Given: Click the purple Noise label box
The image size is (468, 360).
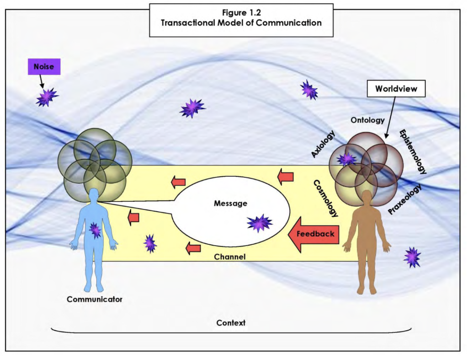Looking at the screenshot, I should (43, 67).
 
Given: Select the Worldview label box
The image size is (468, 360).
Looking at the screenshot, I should (396, 89).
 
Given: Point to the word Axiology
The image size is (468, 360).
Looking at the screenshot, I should (323, 144).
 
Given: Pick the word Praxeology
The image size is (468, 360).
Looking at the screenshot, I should (404, 199).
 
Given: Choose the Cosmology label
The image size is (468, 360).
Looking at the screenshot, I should (326, 198).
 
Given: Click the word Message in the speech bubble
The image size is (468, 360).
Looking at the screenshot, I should (230, 203).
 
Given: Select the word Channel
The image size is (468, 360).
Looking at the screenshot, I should (229, 257).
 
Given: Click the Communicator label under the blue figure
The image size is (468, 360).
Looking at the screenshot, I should (95, 300).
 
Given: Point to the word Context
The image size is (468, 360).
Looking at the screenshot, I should (231, 323).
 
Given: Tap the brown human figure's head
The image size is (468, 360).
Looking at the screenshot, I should (367, 197).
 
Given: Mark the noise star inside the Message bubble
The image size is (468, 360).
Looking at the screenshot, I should (260, 223).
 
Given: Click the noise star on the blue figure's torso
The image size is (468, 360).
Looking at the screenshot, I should (95, 230).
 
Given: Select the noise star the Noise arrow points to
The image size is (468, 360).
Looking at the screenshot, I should (47, 97).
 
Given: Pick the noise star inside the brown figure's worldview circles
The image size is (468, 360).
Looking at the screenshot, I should (346, 159).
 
